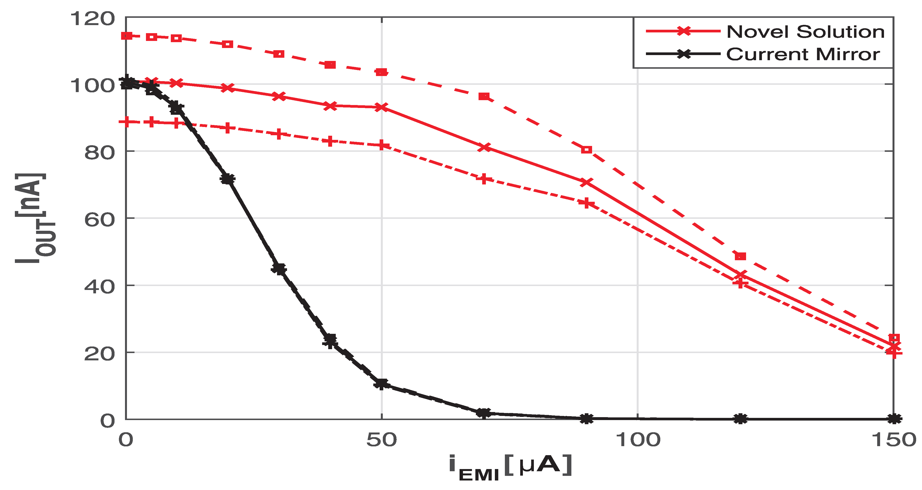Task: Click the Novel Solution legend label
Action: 805,32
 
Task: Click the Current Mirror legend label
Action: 803,54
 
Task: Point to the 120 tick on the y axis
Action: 92,18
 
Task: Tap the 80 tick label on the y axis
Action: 99,153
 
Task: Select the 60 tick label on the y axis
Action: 99,219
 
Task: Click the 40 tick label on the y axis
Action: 99,287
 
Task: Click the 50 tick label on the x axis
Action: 382,440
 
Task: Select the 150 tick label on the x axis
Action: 893,440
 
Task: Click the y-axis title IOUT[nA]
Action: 35,218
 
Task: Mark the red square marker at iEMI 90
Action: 586,150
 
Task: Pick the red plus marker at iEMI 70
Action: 484,179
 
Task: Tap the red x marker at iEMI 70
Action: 484,147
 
